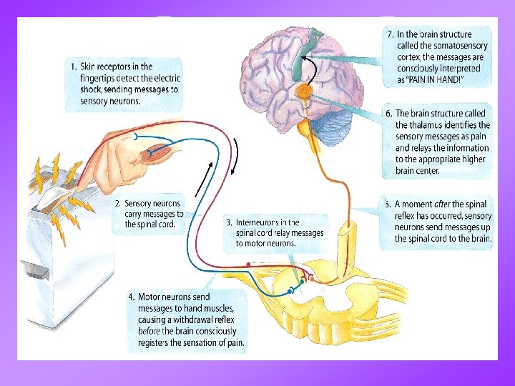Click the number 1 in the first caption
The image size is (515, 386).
[x=74, y=67]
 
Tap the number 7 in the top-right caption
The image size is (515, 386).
[x=390, y=34]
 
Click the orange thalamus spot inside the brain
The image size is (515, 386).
[x=305, y=92]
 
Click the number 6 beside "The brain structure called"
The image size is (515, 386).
[x=388, y=113]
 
